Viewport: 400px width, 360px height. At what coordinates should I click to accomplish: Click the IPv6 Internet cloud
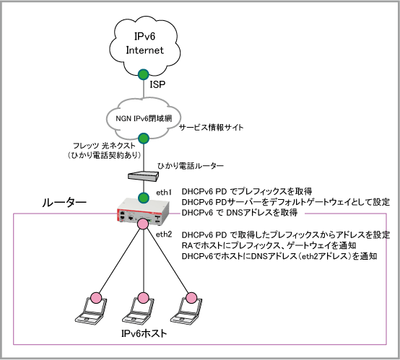[x=144, y=46]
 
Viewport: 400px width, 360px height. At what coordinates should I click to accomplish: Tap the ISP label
[x=157, y=84]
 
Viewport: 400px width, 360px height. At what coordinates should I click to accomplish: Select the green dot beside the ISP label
[x=144, y=74]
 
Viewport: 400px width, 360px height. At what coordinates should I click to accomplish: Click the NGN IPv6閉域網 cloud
[x=144, y=118]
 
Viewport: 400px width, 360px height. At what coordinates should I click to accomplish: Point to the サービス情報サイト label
[x=212, y=128]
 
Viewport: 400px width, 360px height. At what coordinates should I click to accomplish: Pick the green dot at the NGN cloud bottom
[x=144, y=139]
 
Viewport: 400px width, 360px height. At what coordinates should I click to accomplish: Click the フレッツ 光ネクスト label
[x=104, y=146]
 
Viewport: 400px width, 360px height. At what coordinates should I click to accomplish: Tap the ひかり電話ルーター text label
[x=191, y=166]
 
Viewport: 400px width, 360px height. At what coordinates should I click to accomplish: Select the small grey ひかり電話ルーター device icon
[x=143, y=176]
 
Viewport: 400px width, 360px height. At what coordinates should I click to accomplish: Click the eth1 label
[x=164, y=193]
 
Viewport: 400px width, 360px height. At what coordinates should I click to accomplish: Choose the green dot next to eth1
[x=144, y=198]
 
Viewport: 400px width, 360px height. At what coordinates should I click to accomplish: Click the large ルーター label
[x=64, y=203]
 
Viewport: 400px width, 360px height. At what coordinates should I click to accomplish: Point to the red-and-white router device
[x=143, y=213]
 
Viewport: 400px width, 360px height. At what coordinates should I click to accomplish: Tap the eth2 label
[x=164, y=234]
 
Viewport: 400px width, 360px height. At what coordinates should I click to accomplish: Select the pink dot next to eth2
[x=143, y=224]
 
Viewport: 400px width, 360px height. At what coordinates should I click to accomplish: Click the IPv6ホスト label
[x=144, y=333]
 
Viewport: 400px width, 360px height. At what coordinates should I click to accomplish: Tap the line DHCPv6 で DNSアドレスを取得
[x=240, y=212]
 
